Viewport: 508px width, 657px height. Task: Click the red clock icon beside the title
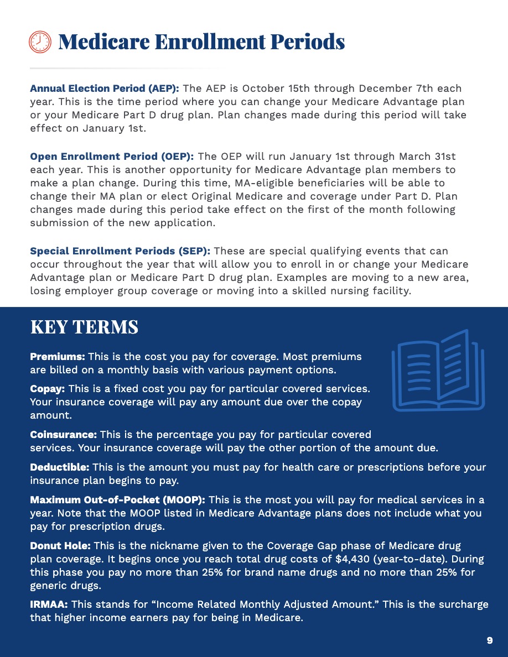39,42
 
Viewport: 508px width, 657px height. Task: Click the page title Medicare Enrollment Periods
201,42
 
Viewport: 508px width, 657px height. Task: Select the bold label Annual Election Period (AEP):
105,88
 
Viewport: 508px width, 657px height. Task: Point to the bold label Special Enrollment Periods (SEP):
120,251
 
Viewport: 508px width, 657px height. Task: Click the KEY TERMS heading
84,327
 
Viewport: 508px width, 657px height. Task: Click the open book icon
438,371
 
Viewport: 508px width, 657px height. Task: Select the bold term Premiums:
57,356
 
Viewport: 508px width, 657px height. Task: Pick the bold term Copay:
48,389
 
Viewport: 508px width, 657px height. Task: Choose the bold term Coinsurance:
63,435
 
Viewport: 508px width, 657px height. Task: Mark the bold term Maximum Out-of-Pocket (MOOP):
117,500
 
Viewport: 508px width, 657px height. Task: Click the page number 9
490,640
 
